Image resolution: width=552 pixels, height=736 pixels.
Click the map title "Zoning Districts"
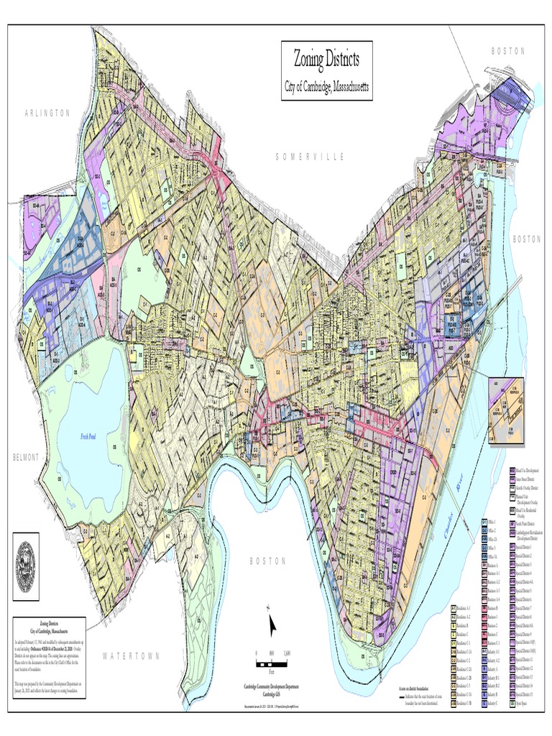point(326,58)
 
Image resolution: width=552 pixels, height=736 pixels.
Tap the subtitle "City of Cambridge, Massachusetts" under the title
point(326,86)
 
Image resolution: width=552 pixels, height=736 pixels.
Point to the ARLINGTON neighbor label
point(47,114)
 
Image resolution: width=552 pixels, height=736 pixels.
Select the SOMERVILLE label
point(310,157)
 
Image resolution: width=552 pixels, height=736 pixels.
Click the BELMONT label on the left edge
point(24,458)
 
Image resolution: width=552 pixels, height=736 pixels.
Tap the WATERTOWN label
point(132,655)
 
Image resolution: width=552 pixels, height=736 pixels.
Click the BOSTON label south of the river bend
point(268,561)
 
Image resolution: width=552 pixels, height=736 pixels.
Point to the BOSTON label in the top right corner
point(508,51)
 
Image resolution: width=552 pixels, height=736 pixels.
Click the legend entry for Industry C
point(493,704)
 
